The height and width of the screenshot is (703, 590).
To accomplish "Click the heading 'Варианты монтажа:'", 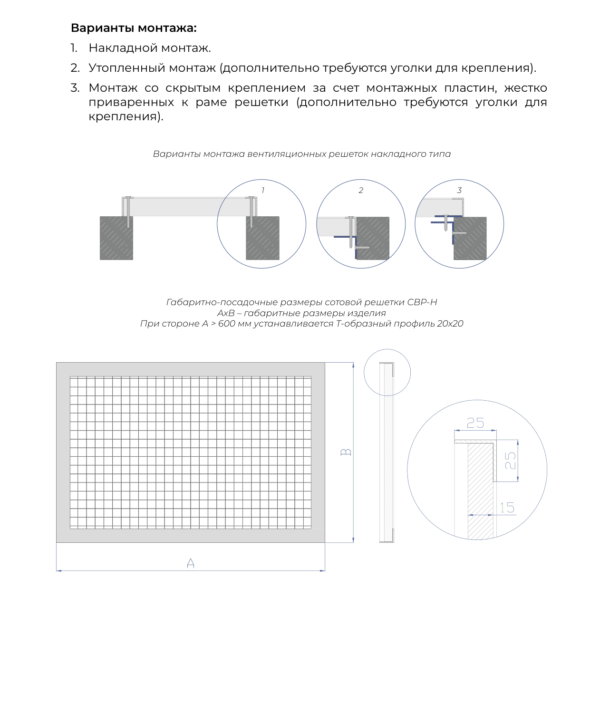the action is pyautogui.click(x=133, y=28).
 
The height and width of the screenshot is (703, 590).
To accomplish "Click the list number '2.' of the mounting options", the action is pyautogui.click(x=75, y=68).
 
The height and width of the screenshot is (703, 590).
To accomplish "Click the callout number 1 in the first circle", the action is pyautogui.click(x=262, y=190).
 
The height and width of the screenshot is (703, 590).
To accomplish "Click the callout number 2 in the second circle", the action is pyautogui.click(x=361, y=190).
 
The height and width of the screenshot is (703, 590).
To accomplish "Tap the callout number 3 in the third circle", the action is pyautogui.click(x=459, y=190).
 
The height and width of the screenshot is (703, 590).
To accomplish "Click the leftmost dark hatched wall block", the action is pyautogui.click(x=116, y=238).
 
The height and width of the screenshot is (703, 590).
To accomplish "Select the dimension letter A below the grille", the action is pyautogui.click(x=190, y=563).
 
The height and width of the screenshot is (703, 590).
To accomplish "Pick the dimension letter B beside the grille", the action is pyautogui.click(x=346, y=452).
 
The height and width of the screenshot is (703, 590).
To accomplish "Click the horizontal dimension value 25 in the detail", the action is pyautogui.click(x=475, y=423).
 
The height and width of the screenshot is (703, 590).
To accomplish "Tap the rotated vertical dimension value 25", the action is pyautogui.click(x=510, y=461).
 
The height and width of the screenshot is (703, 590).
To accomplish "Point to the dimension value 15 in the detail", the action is pyautogui.click(x=507, y=507).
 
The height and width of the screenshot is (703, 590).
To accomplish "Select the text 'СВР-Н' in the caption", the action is pyautogui.click(x=422, y=302).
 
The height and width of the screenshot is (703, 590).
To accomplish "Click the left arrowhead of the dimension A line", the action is pyautogui.click(x=58, y=571).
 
